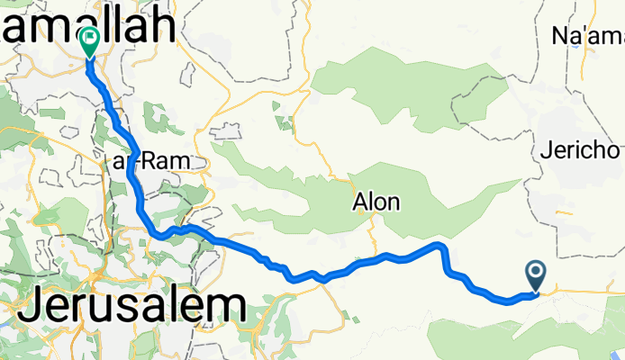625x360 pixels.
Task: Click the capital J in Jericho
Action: (547, 151)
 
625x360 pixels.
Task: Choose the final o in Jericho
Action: (617, 151)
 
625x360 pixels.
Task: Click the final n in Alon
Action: (393, 202)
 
